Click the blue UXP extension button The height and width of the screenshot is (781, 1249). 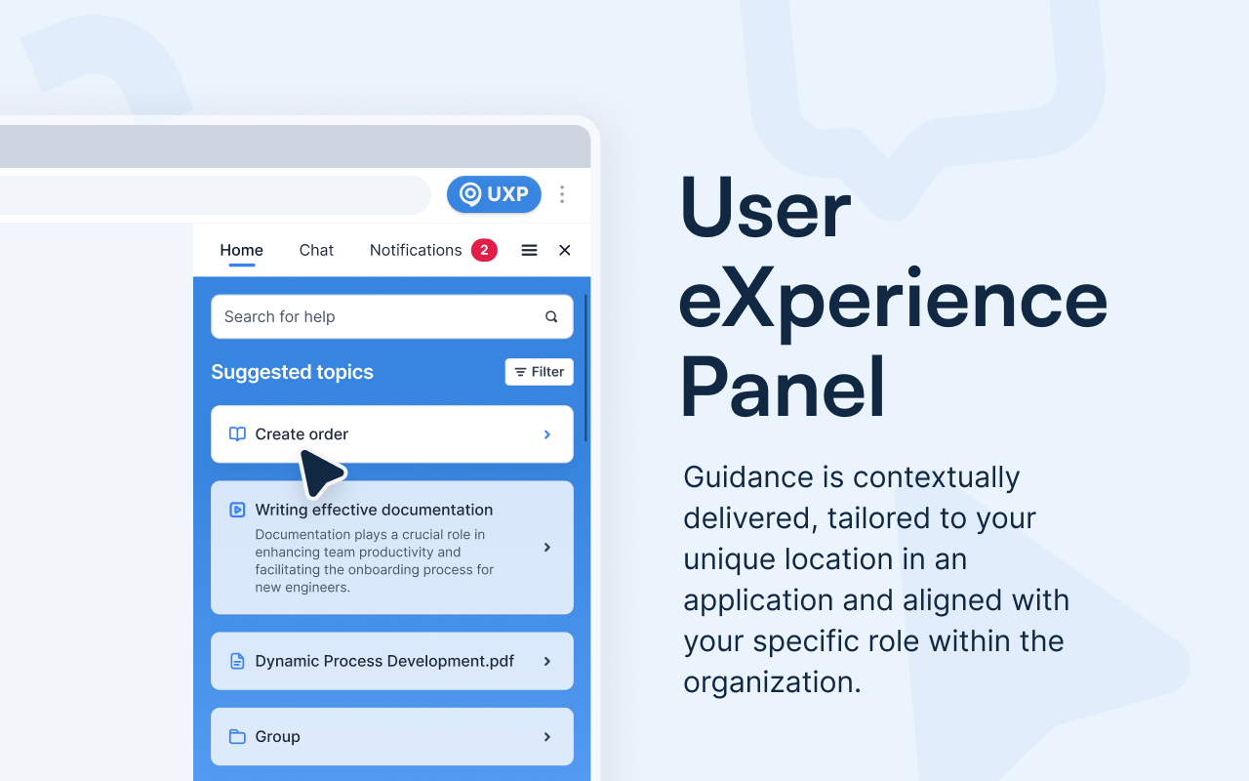[x=494, y=194]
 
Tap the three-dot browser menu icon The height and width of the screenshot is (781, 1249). [x=562, y=194]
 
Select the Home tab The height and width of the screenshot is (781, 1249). [x=241, y=250]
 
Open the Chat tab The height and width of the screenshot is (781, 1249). [x=316, y=250]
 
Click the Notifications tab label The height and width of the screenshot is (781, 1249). [x=416, y=250]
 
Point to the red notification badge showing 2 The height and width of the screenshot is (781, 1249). [x=484, y=250]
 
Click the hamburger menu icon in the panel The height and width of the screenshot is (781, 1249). [x=529, y=250]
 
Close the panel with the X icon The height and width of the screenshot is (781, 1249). [x=564, y=250]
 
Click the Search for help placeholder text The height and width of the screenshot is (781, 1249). [x=279, y=316]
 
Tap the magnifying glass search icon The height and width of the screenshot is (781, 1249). [x=551, y=316]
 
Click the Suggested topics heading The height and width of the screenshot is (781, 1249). [x=292, y=372]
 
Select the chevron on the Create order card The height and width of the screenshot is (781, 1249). [x=547, y=434]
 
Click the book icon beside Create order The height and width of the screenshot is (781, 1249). [x=237, y=434]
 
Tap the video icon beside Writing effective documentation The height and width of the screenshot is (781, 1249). [x=237, y=510]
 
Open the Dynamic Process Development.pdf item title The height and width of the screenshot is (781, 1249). [x=384, y=661]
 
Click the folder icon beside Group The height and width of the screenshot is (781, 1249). [x=237, y=736]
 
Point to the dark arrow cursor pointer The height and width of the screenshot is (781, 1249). [x=319, y=473]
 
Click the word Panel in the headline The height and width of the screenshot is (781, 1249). [x=783, y=388]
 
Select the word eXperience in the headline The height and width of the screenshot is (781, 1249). [x=893, y=300]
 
